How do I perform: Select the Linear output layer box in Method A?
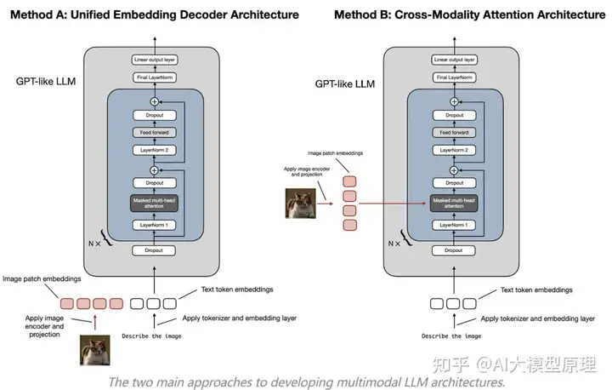point(154,60)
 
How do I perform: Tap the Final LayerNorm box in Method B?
point(454,78)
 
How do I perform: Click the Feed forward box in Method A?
point(154,132)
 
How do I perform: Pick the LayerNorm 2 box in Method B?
point(454,150)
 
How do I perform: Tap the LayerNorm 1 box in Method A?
point(154,225)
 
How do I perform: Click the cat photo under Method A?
point(95,351)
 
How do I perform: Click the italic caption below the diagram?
point(307,381)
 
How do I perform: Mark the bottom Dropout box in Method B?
point(454,251)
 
